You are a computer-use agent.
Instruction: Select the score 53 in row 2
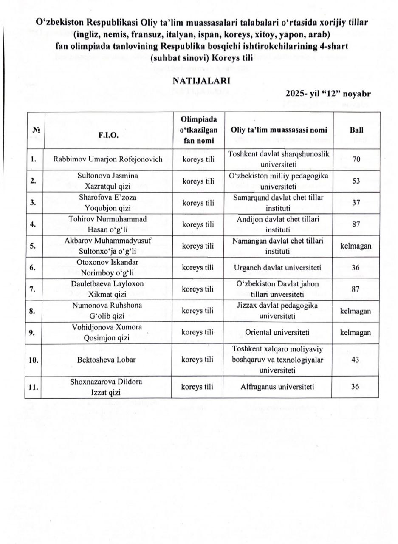356,181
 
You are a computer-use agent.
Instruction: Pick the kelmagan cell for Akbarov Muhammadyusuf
356,246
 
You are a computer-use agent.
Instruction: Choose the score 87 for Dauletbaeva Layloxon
356,289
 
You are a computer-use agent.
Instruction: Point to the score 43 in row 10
356,360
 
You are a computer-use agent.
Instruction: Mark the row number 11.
34,387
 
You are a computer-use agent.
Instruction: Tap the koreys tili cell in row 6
198,267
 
